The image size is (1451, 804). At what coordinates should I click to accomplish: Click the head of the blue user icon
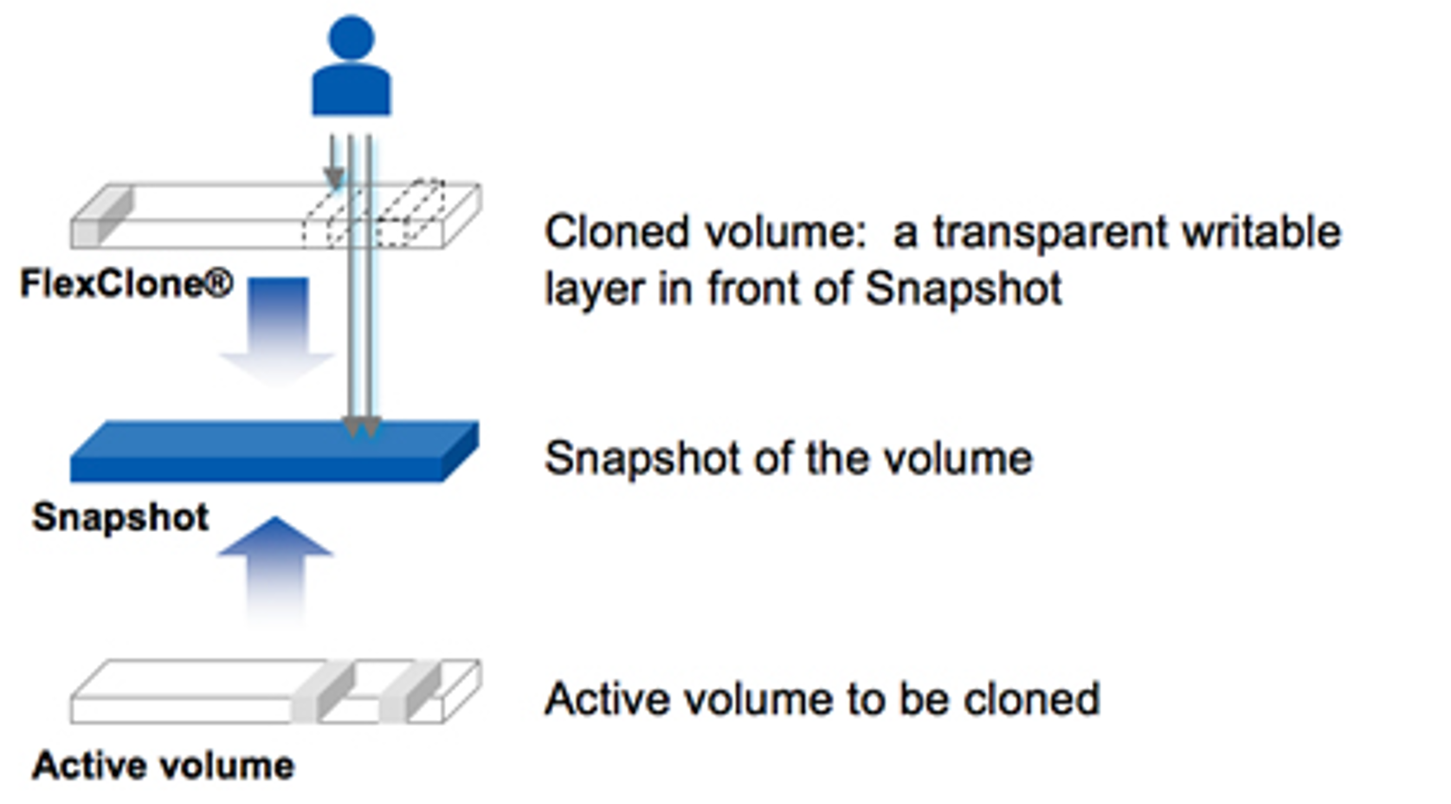click(x=351, y=37)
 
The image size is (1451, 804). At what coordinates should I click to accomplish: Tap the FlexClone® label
click(x=126, y=284)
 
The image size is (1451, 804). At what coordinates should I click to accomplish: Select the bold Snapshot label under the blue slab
click(x=120, y=517)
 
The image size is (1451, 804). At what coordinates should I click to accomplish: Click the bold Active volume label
click(x=164, y=765)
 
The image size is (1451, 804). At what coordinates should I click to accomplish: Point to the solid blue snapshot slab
click(x=274, y=451)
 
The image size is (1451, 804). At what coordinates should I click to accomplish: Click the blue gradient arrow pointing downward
click(x=277, y=332)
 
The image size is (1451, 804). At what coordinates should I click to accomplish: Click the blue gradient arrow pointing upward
click(x=276, y=571)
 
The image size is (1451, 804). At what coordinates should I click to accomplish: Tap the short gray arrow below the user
click(x=333, y=162)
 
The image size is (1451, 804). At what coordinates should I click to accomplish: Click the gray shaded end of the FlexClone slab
click(x=102, y=215)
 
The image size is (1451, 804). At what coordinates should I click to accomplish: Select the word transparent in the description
click(x=1051, y=232)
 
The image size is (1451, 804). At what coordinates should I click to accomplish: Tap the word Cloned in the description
click(x=616, y=232)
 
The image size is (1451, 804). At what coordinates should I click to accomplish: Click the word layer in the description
click(x=595, y=290)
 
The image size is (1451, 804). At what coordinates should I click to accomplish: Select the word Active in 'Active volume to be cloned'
click(x=607, y=698)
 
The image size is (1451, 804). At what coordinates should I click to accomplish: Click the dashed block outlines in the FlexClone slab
click(x=374, y=214)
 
